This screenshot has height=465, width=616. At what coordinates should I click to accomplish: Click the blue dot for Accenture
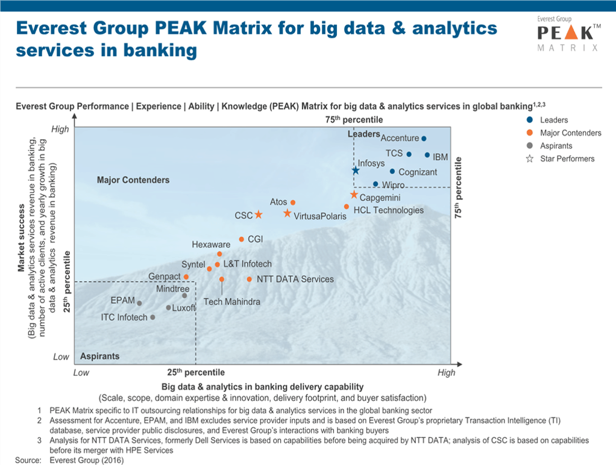pyautogui.click(x=424, y=139)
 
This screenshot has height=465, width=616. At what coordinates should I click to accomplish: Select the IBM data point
pyautogui.click(x=427, y=155)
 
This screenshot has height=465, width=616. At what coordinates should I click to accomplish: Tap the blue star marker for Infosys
pyautogui.click(x=356, y=171)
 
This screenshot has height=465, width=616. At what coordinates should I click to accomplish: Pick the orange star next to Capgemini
pyautogui.click(x=354, y=195)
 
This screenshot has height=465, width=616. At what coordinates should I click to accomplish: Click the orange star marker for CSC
pyautogui.click(x=258, y=215)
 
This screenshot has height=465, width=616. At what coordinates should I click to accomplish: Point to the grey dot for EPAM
pyautogui.click(x=139, y=303)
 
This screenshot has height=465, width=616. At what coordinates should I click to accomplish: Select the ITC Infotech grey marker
pyautogui.click(x=152, y=317)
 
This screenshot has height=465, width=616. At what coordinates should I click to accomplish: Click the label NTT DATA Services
pyautogui.click(x=295, y=279)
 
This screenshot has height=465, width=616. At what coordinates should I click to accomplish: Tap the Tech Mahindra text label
pyautogui.click(x=231, y=302)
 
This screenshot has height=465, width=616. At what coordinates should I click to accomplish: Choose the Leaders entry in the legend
pyautogui.click(x=553, y=120)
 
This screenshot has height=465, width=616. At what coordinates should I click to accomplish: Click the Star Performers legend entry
pyautogui.click(x=567, y=159)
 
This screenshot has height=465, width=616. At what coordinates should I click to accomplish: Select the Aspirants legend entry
pyautogui.click(x=556, y=146)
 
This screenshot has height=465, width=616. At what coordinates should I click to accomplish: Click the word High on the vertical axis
pyautogui.click(x=60, y=128)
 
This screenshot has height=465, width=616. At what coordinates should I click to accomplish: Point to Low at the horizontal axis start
pyautogui.click(x=81, y=373)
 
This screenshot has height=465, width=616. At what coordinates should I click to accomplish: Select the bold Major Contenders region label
pyautogui.click(x=133, y=180)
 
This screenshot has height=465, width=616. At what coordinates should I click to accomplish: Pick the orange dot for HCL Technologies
pyautogui.click(x=347, y=207)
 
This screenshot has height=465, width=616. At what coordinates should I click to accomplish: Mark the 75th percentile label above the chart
pyautogui.click(x=354, y=120)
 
